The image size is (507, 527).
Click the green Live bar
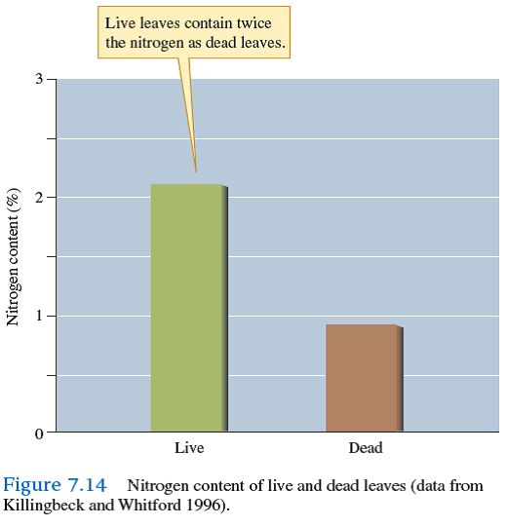tap(187, 307)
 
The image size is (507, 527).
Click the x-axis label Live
tap(188, 449)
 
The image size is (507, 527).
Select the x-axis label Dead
tap(365, 449)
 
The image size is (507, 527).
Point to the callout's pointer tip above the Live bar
tap(195, 171)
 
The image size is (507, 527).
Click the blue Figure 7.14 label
tap(59, 485)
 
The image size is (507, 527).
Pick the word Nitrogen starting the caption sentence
tap(158, 485)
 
